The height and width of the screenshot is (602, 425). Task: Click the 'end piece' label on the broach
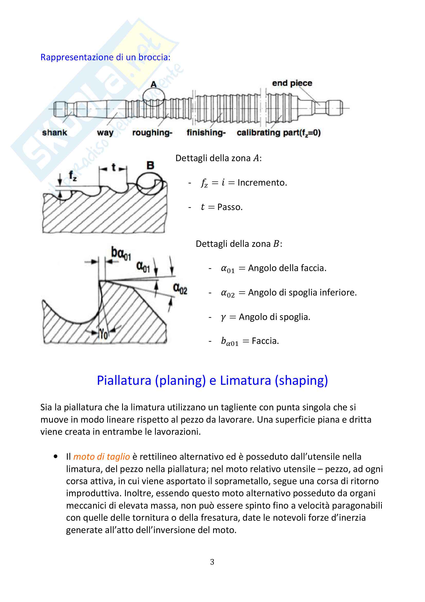click(292, 83)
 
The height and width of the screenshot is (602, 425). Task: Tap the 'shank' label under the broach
click(55, 132)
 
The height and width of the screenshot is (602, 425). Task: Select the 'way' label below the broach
click(105, 133)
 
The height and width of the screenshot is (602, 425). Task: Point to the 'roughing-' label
click(152, 133)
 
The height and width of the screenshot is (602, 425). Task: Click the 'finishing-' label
click(206, 132)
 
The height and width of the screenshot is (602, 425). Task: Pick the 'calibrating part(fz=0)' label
click(279, 133)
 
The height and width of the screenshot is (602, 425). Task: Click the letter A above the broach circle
click(154, 84)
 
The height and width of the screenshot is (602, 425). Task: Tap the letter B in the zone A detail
click(150, 165)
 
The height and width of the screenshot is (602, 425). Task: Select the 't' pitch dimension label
click(113, 167)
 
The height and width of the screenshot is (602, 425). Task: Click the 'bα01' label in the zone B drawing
click(121, 254)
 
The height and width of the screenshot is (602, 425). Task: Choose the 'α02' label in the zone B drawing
click(180, 289)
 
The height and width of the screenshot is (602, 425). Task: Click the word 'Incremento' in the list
click(262, 182)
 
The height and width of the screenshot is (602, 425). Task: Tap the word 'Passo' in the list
click(230, 207)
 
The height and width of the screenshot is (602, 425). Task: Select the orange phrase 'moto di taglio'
click(102, 457)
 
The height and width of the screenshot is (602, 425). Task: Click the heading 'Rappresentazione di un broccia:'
click(105, 57)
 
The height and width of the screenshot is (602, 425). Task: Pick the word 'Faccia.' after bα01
click(265, 341)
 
